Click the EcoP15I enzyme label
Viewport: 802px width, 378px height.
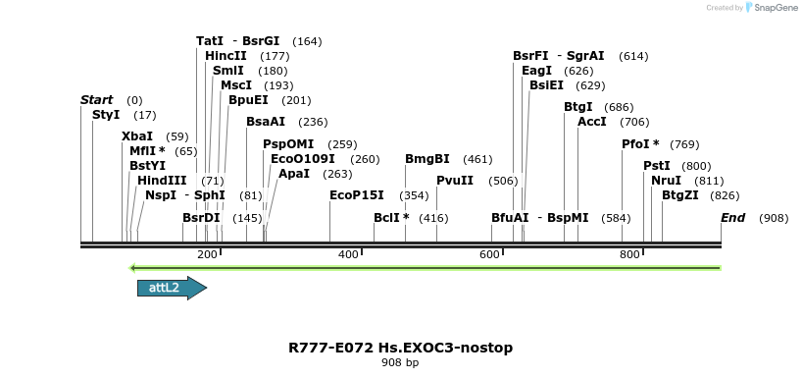(356, 195)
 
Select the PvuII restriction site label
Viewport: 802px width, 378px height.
(455, 181)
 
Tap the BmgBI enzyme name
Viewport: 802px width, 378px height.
(427, 159)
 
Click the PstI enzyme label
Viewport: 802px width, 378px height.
(656, 166)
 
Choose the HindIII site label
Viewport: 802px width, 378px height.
(162, 181)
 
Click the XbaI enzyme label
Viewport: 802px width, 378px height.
(137, 136)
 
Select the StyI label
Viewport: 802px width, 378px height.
(106, 115)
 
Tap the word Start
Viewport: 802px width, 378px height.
(97, 100)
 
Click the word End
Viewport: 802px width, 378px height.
(733, 217)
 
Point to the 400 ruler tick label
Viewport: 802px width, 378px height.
(348, 255)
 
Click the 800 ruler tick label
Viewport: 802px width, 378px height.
(630, 255)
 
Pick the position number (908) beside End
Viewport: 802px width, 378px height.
(774, 217)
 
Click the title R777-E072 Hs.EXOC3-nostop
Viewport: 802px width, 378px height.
(400, 348)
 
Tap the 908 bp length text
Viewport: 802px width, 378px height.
(400, 363)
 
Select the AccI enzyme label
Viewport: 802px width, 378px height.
(592, 122)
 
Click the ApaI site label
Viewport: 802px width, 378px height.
(294, 174)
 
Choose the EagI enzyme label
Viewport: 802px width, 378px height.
(536, 71)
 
